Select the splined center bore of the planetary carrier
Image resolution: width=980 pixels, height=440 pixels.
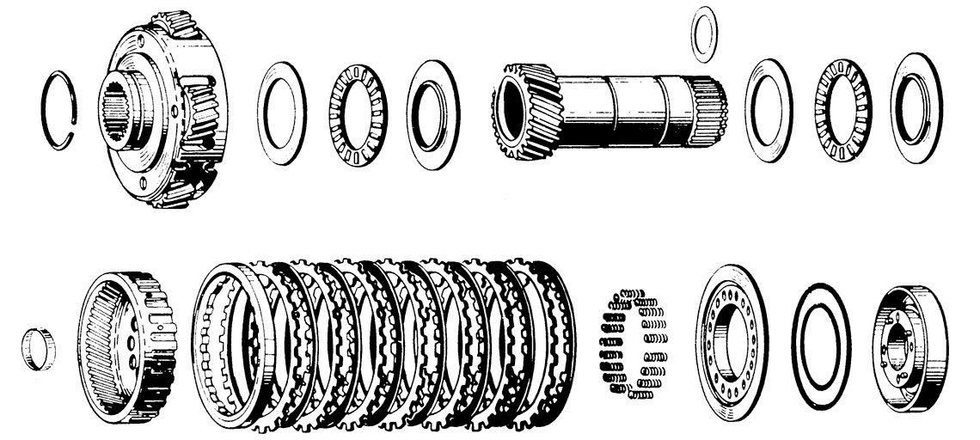pos(121,113)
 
